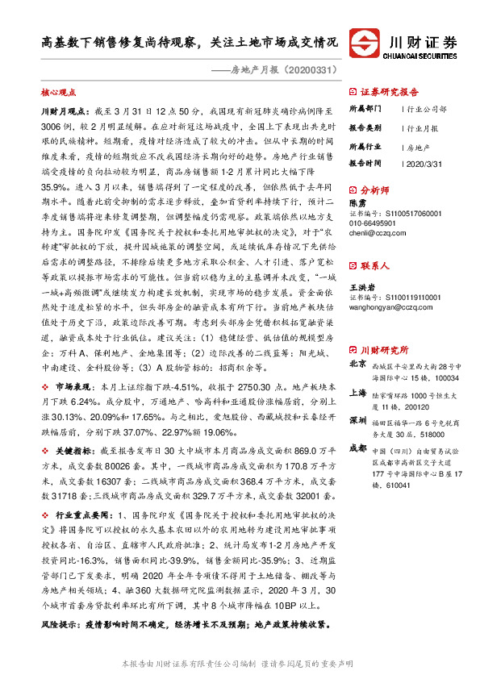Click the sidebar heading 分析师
coord(375,191)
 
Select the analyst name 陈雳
coord(357,204)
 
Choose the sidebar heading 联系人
coord(375,265)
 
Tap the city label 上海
coord(357,394)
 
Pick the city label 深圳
coord(357,421)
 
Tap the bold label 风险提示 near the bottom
coord(58,624)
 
